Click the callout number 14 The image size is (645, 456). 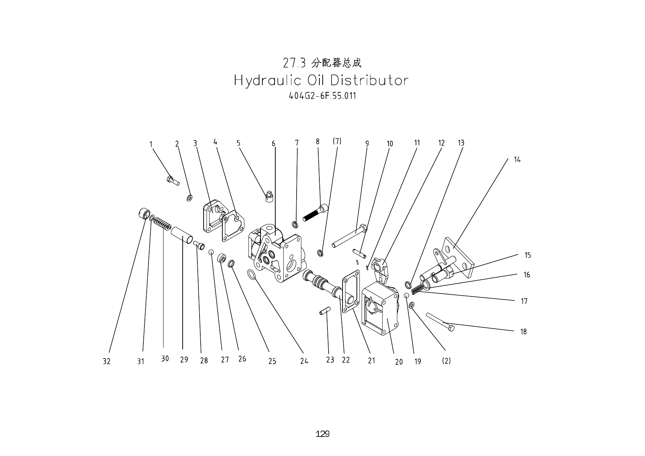coord(517,160)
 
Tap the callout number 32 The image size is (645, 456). coord(106,361)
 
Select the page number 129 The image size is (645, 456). coord(322,434)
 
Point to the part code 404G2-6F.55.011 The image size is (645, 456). coord(322,96)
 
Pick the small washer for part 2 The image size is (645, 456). coord(189,198)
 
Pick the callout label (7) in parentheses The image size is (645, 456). coord(337,141)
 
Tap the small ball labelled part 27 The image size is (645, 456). coord(211,252)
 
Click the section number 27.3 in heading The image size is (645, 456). coord(294,63)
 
